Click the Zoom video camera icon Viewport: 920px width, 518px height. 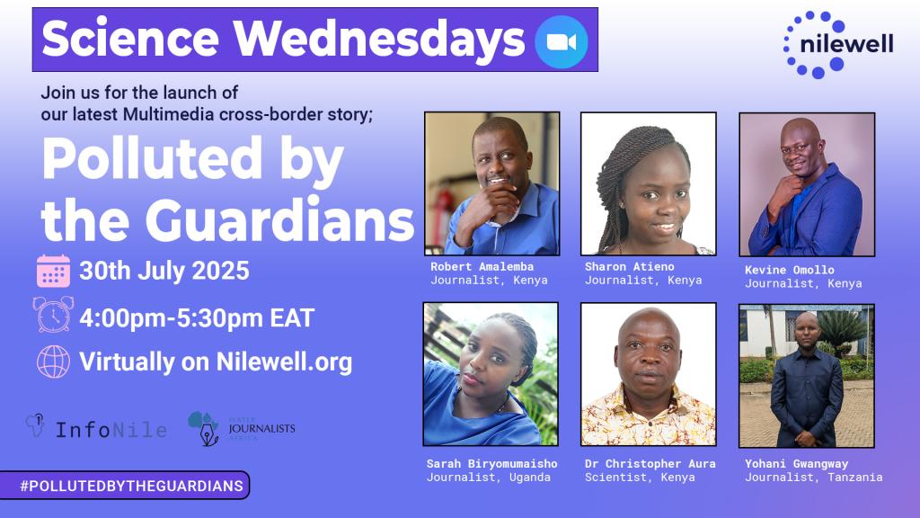tap(561, 41)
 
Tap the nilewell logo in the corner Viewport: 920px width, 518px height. tap(838, 44)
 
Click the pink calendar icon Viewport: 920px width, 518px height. tap(53, 271)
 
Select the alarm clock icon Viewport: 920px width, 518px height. tap(53, 315)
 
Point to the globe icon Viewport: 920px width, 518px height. tap(53, 362)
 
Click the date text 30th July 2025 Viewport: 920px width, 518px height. tap(164, 271)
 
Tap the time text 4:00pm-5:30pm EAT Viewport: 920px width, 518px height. tap(197, 317)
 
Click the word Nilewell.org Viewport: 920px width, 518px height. tap(284, 362)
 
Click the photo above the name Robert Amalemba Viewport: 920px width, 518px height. tap(491, 183)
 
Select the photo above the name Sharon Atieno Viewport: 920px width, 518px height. tap(649, 183)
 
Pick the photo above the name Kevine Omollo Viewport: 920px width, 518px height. tap(807, 184)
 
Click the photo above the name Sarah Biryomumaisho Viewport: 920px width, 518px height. tap(491, 374)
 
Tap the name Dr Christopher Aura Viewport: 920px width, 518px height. tap(650, 463)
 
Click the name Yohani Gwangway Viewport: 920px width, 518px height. tap(796, 463)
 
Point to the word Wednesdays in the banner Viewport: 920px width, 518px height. tap(379, 40)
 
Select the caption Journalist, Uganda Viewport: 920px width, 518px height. tap(488, 478)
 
